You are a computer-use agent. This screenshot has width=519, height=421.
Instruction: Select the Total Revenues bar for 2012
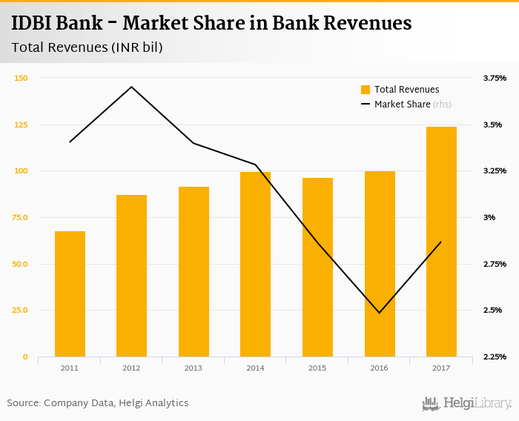click(x=132, y=276)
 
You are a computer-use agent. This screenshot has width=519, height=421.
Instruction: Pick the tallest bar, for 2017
click(x=441, y=242)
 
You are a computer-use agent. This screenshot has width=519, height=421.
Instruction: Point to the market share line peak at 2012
click(x=132, y=87)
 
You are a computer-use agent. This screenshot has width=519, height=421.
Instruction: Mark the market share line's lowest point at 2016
click(x=380, y=313)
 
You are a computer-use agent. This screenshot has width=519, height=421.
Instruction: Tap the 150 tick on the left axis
click(x=21, y=78)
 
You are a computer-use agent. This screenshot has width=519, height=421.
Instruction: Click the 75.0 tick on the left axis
click(x=21, y=217)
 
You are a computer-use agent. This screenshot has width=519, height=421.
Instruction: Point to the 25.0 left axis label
click(x=21, y=311)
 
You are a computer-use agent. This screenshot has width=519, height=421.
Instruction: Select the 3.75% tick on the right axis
click(x=495, y=78)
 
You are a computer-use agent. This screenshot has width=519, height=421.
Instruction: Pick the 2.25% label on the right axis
click(x=495, y=357)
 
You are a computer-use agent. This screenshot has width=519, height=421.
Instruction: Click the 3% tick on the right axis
click(x=489, y=217)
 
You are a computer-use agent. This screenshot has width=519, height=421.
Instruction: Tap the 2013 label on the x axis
click(x=194, y=368)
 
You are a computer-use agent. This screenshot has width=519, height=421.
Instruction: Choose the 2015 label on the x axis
click(x=317, y=368)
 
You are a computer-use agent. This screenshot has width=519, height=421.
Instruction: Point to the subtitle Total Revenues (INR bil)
click(x=87, y=47)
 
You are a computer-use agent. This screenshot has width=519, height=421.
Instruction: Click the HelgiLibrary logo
click(x=467, y=403)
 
